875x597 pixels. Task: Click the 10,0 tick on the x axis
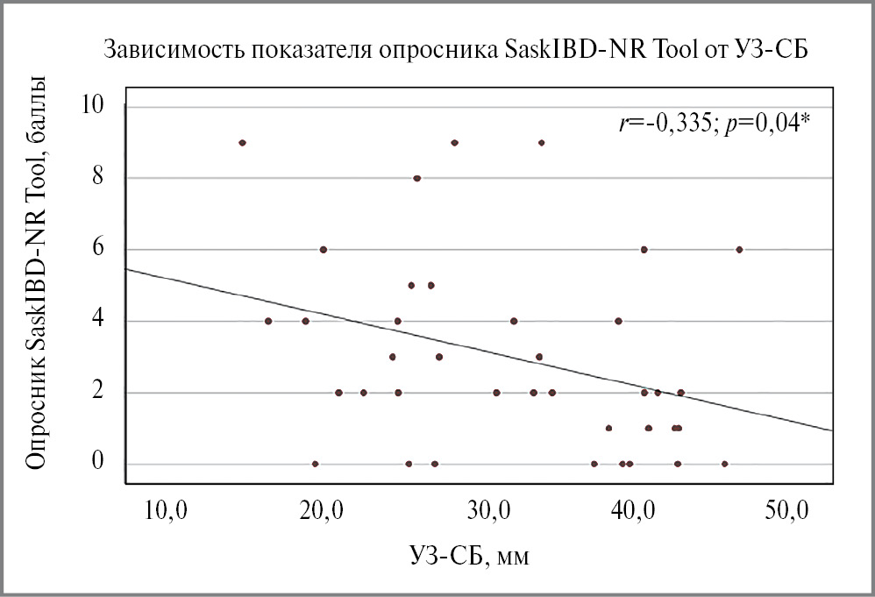click(167, 509)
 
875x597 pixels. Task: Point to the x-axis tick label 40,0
click(630, 509)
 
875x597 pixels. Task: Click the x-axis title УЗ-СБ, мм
click(471, 556)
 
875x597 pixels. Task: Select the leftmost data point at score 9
click(242, 142)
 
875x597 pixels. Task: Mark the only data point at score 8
click(417, 178)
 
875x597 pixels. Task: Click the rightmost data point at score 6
click(739, 249)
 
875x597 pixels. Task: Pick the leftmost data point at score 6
click(324, 249)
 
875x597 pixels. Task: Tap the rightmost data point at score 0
click(724, 464)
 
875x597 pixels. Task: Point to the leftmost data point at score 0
click(316, 464)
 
